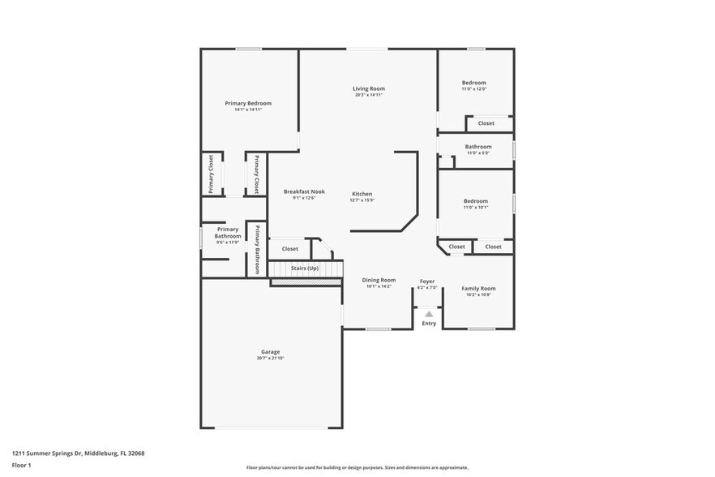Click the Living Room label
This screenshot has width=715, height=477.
368,88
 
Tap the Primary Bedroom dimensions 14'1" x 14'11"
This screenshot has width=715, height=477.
247,110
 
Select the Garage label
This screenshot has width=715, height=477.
270,351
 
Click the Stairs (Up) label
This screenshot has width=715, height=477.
305,268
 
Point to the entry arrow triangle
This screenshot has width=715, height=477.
429,312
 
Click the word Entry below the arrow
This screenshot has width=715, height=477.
429,324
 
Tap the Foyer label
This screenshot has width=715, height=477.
426,281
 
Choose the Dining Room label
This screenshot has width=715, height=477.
378,280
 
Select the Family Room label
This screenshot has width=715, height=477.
478,288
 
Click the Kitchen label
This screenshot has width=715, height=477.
362,194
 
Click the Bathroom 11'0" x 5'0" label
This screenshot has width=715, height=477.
477,147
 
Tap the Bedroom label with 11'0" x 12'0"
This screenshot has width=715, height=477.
474,83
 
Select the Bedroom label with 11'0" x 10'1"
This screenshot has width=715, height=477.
475,201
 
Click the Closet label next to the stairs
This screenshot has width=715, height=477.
289,249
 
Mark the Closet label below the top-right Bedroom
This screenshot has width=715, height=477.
486,123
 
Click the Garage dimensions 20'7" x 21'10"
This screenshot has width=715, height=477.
270,358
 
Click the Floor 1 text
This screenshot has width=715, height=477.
22,465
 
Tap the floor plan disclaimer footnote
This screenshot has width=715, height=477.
357,467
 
